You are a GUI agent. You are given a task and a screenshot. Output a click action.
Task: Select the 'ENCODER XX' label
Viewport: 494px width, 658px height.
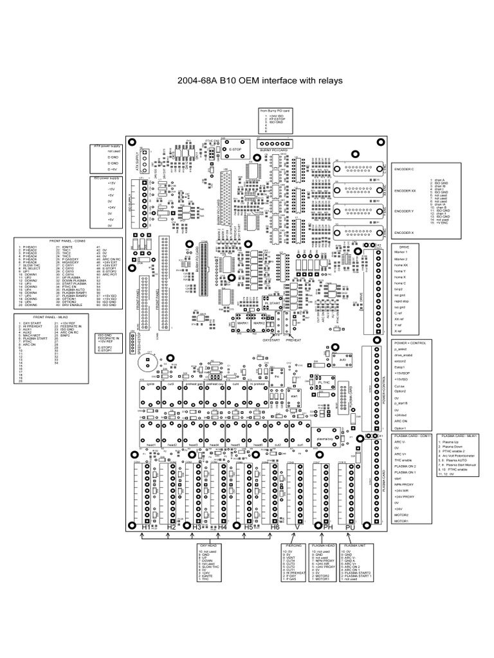(405, 190)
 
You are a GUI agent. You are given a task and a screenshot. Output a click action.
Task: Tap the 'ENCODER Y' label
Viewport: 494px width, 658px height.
(403, 211)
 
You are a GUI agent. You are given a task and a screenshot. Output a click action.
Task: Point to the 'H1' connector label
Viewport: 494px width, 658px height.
(147, 526)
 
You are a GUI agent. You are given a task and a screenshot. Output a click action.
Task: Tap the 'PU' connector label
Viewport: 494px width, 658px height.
(350, 526)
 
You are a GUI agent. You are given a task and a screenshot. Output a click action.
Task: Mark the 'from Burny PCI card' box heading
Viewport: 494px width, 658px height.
(272, 111)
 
